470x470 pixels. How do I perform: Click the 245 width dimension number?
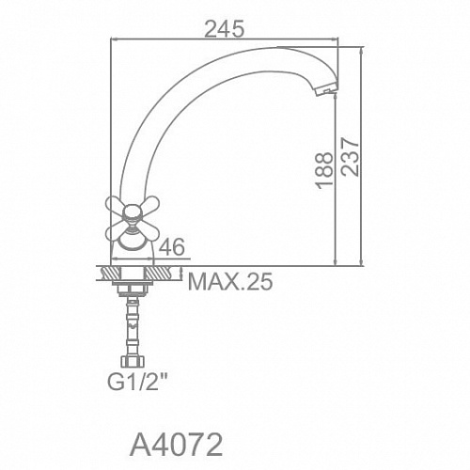tap(224, 29)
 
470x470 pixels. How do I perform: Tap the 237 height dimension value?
tap(350, 157)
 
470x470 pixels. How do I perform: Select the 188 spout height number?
tap(324, 171)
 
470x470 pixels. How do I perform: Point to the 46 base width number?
tap(172, 247)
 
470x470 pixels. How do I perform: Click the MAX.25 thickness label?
tap(230, 282)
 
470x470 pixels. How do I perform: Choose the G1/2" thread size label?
tap(138, 382)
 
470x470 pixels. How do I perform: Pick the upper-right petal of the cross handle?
tap(149, 204)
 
